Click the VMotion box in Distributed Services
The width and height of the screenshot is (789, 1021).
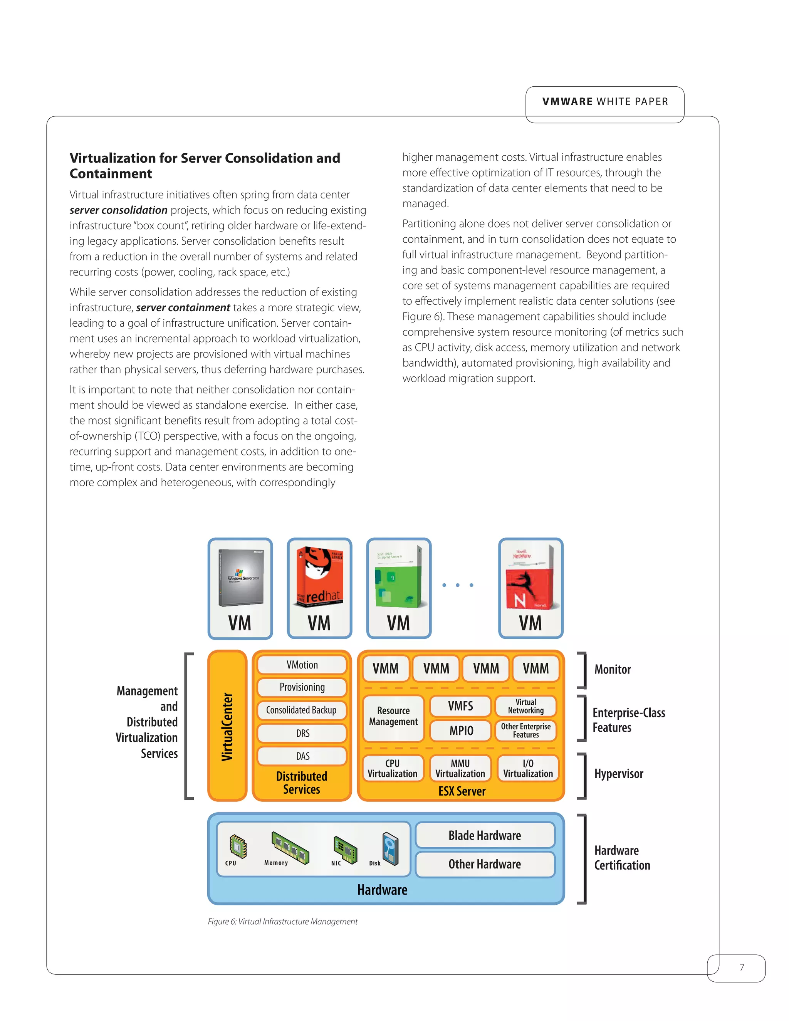click(302, 665)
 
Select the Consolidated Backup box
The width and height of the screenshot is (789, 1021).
click(302, 710)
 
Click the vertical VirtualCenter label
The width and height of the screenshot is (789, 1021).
click(228, 726)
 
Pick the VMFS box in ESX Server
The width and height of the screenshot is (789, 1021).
click(460, 706)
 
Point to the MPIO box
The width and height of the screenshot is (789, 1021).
click(460, 730)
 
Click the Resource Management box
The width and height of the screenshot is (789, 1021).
click(393, 716)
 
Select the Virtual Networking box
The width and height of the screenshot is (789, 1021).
click(526, 706)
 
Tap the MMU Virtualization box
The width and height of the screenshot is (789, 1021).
click(460, 769)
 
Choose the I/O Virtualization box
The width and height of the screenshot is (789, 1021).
click(528, 769)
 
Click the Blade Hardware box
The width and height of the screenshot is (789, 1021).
click(485, 835)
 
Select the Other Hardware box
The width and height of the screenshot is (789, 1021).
click(485, 864)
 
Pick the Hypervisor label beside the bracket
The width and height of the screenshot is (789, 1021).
click(618, 774)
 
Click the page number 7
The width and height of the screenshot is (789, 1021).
click(741, 967)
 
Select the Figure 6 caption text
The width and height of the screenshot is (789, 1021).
click(282, 922)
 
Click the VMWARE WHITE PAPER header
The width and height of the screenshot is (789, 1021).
click(605, 101)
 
